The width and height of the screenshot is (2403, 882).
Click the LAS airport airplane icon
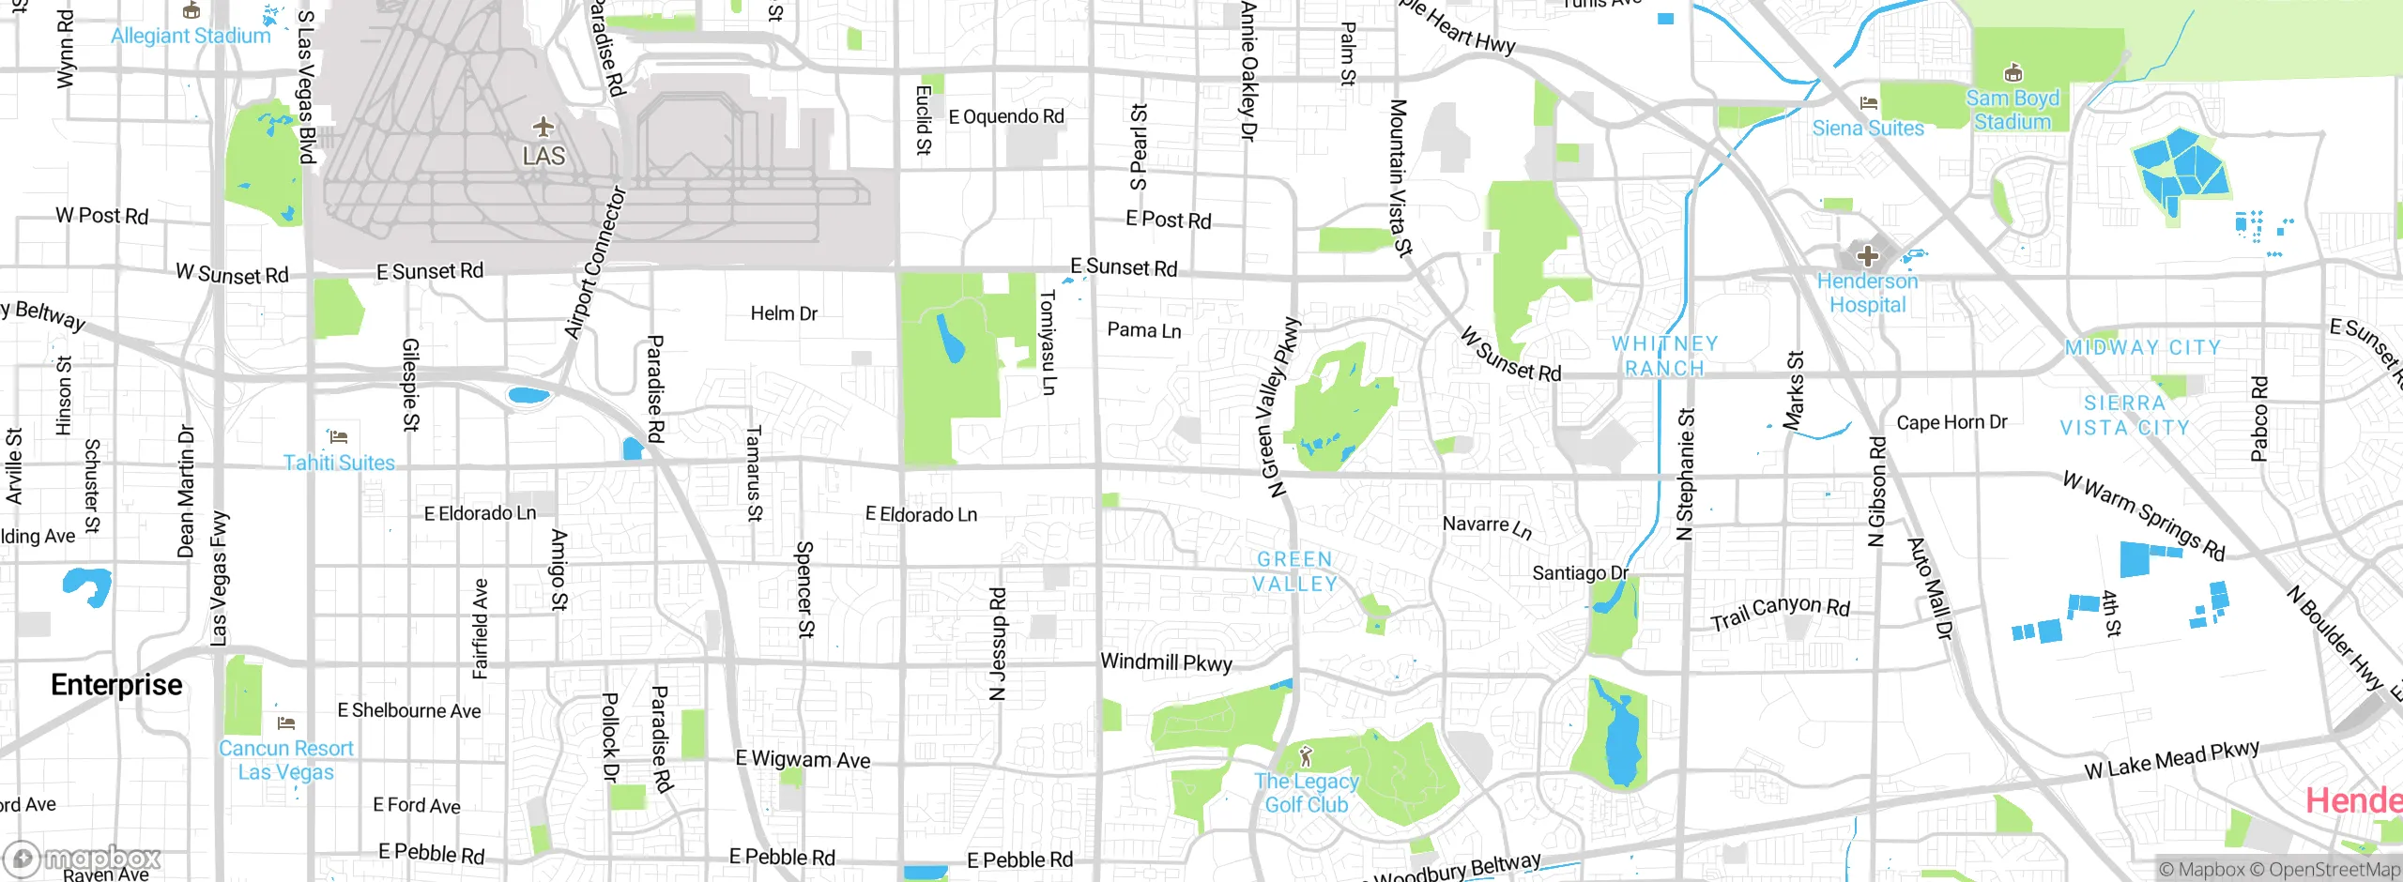(543, 127)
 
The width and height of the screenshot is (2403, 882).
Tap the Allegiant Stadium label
(191, 37)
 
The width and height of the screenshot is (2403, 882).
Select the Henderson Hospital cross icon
(1867, 255)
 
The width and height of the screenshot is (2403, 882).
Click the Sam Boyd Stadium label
(2013, 110)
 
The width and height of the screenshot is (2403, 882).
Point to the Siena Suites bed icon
(1869, 103)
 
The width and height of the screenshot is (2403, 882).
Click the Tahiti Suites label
(339, 463)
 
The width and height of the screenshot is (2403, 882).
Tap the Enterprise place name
(116, 685)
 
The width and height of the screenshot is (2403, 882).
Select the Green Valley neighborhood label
(1295, 571)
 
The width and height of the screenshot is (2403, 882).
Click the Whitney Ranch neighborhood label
(1664, 356)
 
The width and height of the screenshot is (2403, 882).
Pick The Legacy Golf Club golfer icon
(1305, 756)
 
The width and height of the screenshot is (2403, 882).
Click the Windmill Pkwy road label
(1166, 662)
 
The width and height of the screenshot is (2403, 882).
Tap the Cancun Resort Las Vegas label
(285, 760)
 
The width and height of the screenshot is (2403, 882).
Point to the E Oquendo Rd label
(1006, 116)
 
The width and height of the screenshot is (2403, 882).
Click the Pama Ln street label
(1143, 330)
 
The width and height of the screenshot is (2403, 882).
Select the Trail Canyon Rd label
(1780, 612)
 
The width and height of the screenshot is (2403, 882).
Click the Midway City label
(2143, 347)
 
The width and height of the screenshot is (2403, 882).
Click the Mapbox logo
(83, 859)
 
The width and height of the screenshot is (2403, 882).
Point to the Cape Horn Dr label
(1951, 422)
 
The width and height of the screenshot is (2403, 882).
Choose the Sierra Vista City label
(2124, 415)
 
